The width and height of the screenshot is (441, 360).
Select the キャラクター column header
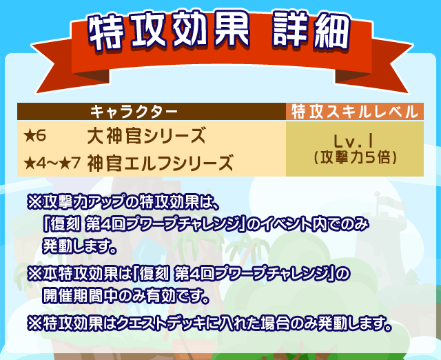134,111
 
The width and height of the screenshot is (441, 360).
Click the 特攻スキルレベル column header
354,111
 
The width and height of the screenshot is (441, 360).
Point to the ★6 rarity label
35,134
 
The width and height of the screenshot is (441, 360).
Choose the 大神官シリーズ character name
147,134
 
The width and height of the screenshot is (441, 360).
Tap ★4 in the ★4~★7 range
34,163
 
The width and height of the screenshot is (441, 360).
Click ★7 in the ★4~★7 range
70,163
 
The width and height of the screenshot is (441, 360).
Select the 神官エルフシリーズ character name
160,163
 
